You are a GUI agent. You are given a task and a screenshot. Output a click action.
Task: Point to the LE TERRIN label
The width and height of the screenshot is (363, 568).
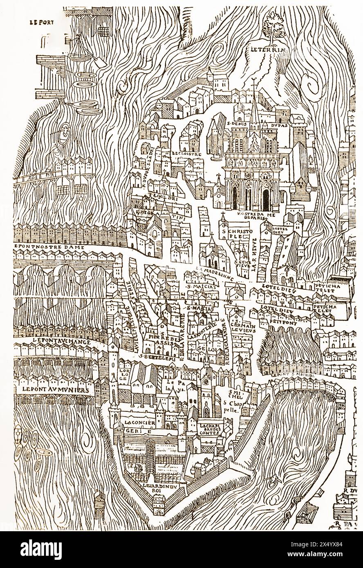point(270,50)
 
